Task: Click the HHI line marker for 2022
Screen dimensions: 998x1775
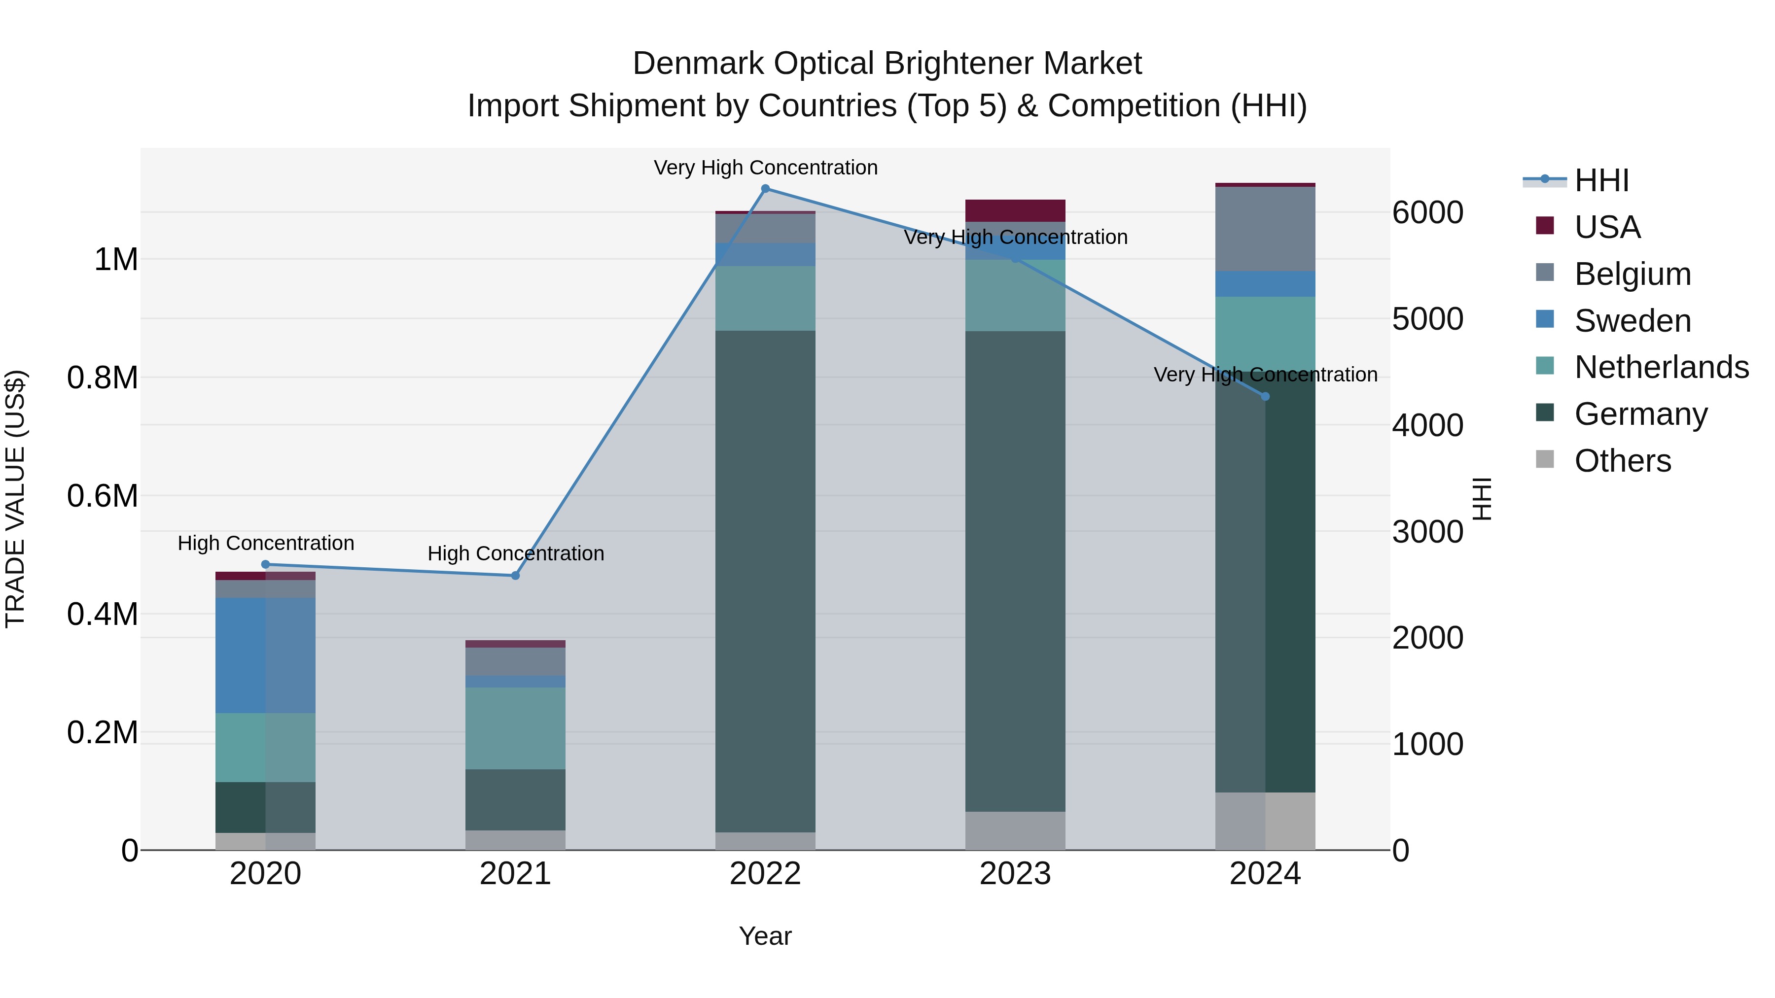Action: (x=765, y=189)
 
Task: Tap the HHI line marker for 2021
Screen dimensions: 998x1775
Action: (x=515, y=576)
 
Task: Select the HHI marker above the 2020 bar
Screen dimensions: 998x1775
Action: (x=265, y=565)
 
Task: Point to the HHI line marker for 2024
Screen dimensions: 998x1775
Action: (x=1265, y=397)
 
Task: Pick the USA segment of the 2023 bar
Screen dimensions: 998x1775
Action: (x=1015, y=210)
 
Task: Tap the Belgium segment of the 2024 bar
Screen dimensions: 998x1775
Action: (x=1265, y=229)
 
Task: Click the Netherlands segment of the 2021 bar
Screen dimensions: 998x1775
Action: (x=515, y=727)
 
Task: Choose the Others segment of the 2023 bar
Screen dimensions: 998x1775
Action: (x=1015, y=830)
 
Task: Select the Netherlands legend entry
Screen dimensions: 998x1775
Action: (x=1661, y=367)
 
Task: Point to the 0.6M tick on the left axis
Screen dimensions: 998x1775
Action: (x=102, y=496)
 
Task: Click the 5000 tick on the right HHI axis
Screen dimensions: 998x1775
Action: (x=1427, y=319)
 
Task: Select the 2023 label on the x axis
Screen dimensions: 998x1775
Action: (x=1015, y=874)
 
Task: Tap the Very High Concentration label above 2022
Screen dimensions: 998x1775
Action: (x=765, y=168)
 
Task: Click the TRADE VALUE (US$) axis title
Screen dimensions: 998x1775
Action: (x=15, y=499)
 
